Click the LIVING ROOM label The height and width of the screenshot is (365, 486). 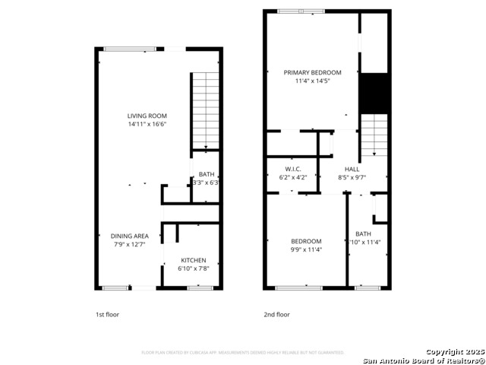[147, 116]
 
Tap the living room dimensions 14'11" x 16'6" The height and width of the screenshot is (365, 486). [147, 124]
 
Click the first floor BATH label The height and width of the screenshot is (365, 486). [207, 174]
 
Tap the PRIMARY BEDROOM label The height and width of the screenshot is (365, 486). [313, 73]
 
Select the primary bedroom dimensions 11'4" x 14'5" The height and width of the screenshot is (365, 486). [313, 81]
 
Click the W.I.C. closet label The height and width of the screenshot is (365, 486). [293, 169]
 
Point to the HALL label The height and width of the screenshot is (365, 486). [352, 169]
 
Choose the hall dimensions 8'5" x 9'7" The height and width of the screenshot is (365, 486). [352, 177]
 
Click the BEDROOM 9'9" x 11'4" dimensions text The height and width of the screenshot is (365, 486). [306, 249]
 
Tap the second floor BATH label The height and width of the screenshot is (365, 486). [363, 234]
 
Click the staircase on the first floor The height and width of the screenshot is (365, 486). [204, 110]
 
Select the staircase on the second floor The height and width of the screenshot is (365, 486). [373, 135]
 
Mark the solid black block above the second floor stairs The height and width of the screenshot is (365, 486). [373, 93]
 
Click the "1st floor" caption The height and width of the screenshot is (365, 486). [107, 314]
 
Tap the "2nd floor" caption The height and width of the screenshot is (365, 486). [276, 314]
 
